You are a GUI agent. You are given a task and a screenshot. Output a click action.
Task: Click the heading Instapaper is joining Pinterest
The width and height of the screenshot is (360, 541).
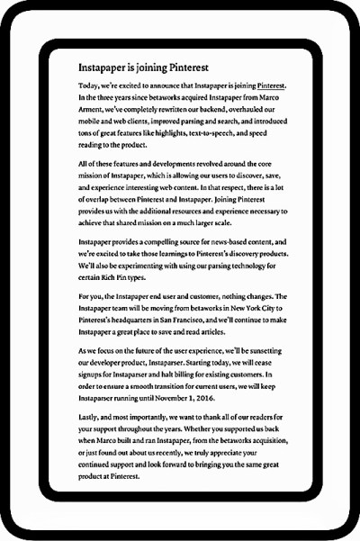coord(143,68)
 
